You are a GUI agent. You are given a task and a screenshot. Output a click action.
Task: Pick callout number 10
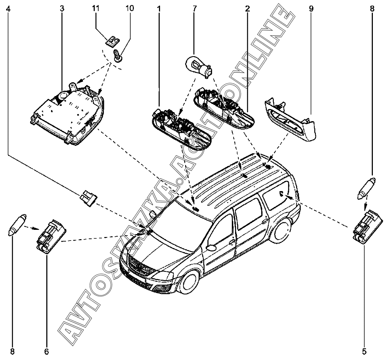[128, 8]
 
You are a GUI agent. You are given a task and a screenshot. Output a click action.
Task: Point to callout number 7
[194, 8]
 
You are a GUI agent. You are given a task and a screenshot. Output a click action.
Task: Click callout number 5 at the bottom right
[365, 351]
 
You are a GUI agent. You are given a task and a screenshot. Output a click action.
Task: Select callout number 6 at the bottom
[46, 351]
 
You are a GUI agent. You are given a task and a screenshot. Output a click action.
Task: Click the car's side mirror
[211, 247]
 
